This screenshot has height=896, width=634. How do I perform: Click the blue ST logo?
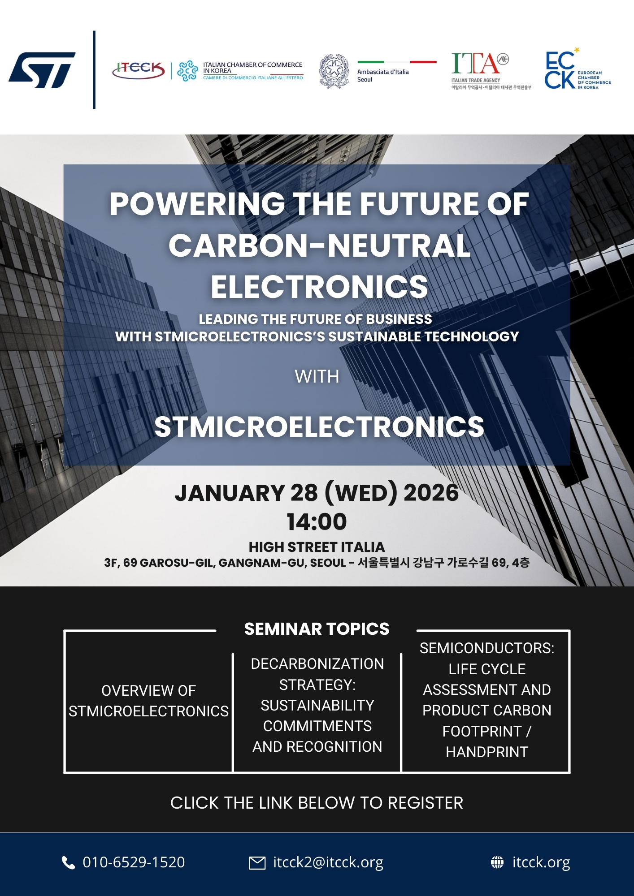click(42, 70)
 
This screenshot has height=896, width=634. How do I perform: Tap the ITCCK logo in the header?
click(139, 70)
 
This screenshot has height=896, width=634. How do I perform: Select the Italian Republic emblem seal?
click(334, 71)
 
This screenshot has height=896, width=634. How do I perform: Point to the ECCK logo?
click(560, 70)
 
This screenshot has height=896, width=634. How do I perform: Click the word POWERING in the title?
click(197, 204)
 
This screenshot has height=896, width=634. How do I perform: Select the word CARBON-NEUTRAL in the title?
click(319, 246)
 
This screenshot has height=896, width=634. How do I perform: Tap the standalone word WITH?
click(317, 377)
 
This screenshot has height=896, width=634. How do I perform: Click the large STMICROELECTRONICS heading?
click(319, 426)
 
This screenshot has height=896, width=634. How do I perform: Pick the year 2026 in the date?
click(431, 493)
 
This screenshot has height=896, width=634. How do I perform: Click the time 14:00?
click(317, 521)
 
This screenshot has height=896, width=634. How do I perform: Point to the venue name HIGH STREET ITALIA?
click(317, 547)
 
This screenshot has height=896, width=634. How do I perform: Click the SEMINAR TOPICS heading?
click(317, 629)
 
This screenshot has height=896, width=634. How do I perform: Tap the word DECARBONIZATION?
click(317, 664)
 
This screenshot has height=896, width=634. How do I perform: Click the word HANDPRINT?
click(487, 752)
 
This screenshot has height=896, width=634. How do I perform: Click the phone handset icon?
click(68, 862)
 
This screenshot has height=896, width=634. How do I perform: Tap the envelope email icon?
click(257, 862)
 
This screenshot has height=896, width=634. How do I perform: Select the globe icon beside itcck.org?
click(497, 862)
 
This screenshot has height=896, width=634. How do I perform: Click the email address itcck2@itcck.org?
click(328, 862)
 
